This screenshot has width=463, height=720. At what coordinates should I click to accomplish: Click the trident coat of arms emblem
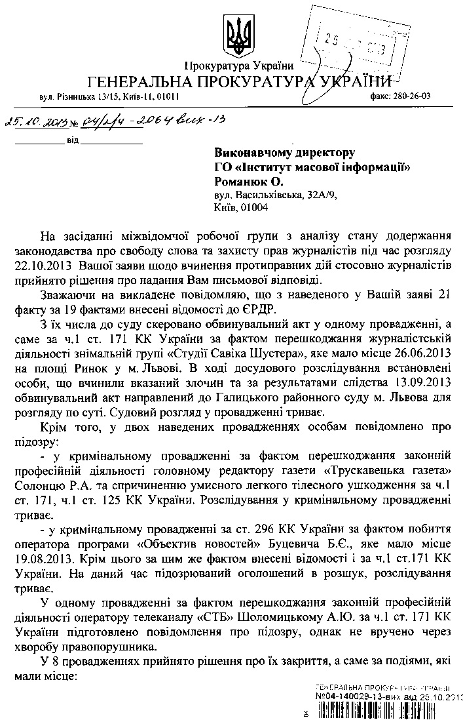[233, 33]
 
